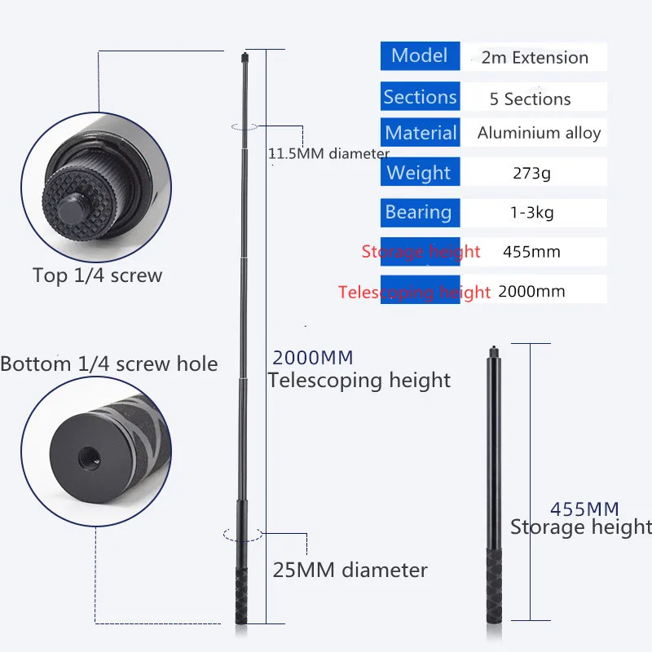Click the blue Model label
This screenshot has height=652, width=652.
[x=420, y=56]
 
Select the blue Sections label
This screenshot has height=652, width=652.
[x=420, y=98]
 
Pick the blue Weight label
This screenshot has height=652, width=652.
[x=419, y=173]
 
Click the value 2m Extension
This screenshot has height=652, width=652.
[x=535, y=58]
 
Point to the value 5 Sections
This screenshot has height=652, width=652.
[x=530, y=99]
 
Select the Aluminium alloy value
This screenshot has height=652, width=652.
[x=539, y=133]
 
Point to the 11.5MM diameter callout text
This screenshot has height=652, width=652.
[x=328, y=153]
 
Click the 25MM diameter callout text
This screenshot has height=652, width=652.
[x=350, y=570]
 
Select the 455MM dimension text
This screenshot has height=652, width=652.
[x=584, y=509]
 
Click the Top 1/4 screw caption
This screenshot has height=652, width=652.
[x=97, y=275]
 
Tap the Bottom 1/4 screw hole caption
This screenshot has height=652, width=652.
[x=109, y=363]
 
